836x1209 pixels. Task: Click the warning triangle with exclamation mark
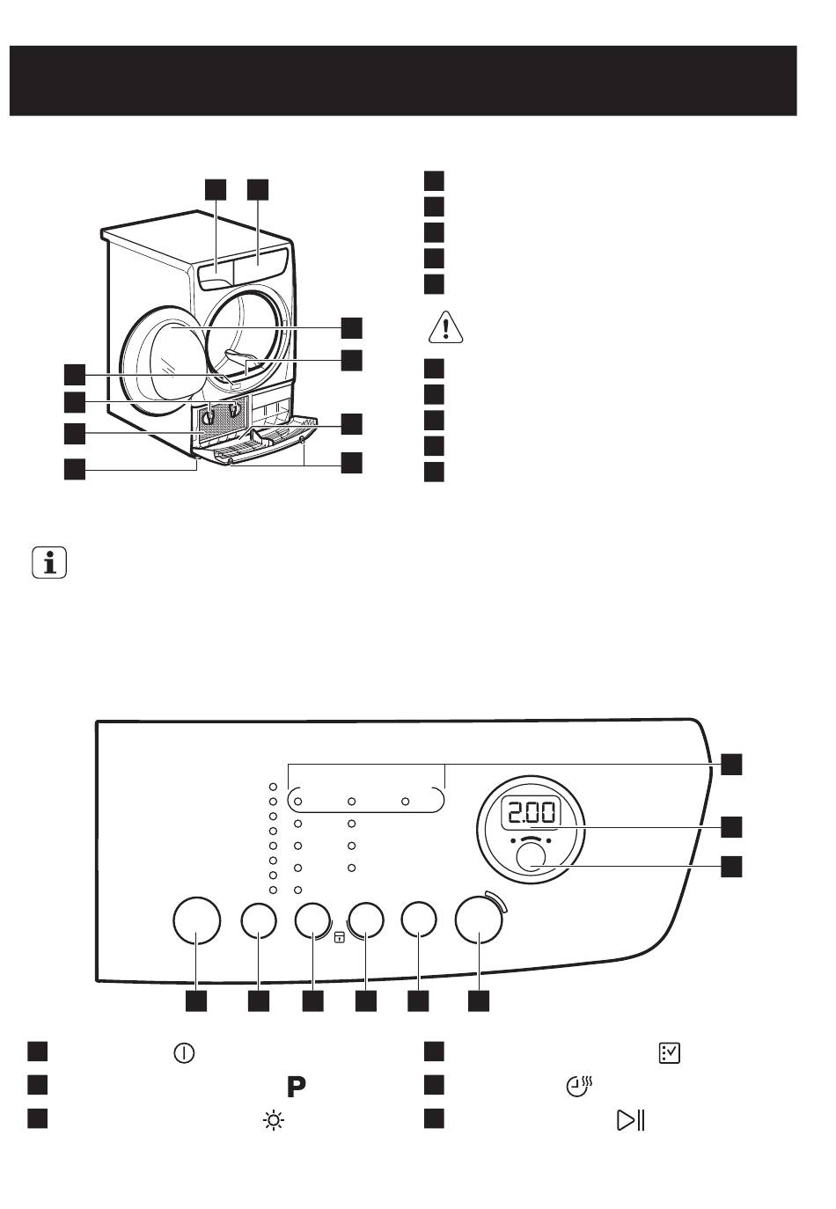click(x=445, y=327)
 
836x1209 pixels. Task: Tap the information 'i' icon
click(x=49, y=563)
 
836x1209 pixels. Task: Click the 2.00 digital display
click(x=531, y=813)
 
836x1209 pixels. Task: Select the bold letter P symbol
click(x=297, y=1087)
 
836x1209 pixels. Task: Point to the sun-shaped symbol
click(x=274, y=1121)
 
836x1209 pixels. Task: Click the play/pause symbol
click(x=630, y=1120)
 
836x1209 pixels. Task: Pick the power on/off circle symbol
click(x=184, y=1053)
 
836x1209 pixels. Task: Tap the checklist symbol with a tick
click(x=669, y=1052)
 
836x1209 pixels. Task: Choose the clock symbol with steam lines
click(x=580, y=1087)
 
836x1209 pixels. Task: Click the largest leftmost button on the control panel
click(x=196, y=920)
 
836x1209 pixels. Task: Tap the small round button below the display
click(x=531, y=858)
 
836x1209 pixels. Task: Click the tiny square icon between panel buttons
click(x=340, y=937)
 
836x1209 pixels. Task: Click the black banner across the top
click(x=403, y=81)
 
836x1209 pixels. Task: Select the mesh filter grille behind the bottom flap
click(x=223, y=417)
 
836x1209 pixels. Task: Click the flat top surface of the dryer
click(x=194, y=237)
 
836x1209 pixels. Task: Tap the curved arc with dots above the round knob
click(x=531, y=839)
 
